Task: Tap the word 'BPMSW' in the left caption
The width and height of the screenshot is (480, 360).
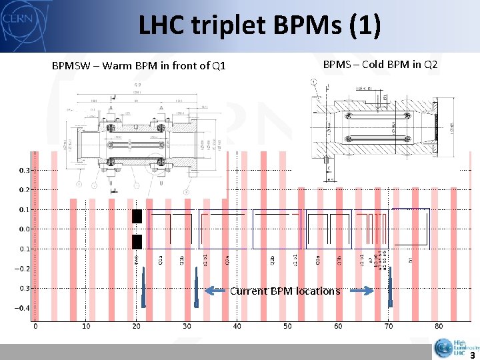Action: (72, 66)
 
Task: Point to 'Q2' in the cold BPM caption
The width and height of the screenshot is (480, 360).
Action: (430, 65)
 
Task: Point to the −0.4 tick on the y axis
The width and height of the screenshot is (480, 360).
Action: (23, 309)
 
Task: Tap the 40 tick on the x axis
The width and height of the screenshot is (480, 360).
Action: (237, 327)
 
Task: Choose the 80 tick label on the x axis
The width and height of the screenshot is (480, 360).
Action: (439, 327)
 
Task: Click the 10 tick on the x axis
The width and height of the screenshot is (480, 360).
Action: (86, 327)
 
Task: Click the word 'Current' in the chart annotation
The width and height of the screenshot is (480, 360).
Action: (249, 291)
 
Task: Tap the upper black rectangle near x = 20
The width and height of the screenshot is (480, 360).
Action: (137, 216)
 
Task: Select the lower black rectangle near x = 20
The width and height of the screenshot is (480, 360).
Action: (137, 241)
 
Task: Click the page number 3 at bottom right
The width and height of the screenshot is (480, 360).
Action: (472, 355)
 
